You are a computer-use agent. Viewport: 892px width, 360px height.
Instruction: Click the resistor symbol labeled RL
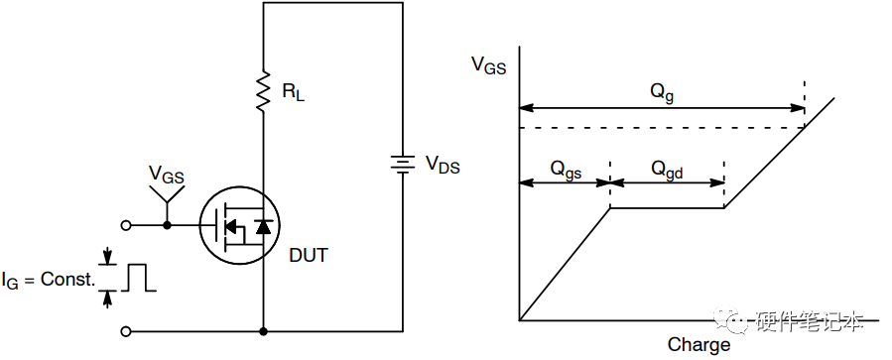pos(263,91)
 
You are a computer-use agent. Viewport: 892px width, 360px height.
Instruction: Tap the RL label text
pos(294,92)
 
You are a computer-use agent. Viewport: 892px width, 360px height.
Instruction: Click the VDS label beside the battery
pos(443,166)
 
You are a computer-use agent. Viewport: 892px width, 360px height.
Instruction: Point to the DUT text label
pos(309,255)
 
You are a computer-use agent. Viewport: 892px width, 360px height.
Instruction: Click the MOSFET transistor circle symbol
pos(241,227)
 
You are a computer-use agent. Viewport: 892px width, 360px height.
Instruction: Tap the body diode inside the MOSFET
pos(263,227)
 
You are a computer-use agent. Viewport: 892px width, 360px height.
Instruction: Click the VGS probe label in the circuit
pos(166,175)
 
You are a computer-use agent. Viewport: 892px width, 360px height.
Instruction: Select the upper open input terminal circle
pos(126,226)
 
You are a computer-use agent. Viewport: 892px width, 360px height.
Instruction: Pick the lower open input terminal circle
pos(126,331)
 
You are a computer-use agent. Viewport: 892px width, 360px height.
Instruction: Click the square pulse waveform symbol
pos(137,278)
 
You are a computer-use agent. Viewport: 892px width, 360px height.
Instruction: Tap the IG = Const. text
pos(48,281)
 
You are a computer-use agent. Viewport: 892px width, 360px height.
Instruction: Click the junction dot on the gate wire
pos(167,226)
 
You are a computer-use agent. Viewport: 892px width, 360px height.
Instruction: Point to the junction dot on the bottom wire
pos(263,331)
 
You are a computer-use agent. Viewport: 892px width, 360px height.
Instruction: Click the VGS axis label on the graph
pos(489,65)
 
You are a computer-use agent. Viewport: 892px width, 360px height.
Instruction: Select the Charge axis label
pos(699,344)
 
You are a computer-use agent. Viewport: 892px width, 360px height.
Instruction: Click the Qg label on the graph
pos(662,93)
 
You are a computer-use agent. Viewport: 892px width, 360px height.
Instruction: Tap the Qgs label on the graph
pos(566,170)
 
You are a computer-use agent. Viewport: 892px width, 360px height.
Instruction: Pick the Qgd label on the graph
pos(667,170)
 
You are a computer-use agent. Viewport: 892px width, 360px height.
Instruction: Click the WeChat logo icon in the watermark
pos(731,319)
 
